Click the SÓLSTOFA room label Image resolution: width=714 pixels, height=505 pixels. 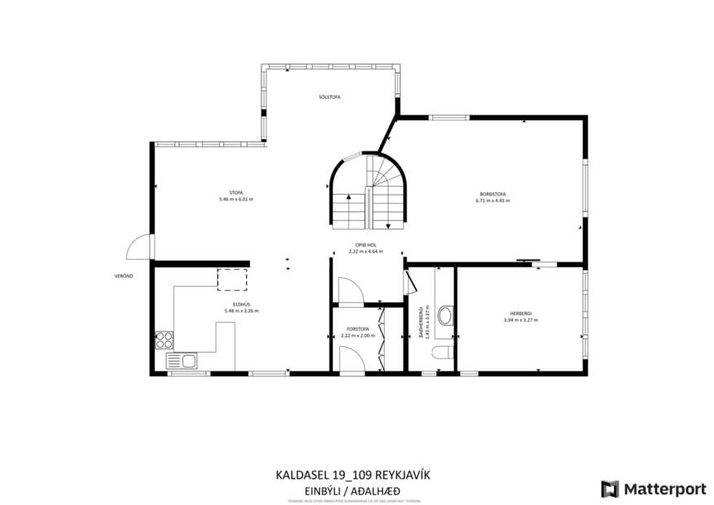click(x=329, y=97)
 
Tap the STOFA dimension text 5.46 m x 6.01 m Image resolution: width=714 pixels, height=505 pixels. click(x=235, y=200)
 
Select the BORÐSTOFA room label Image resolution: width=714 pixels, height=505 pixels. click(x=492, y=194)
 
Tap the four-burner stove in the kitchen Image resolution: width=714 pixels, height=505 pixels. click(x=164, y=338)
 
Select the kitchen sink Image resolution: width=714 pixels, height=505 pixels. click(x=182, y=360)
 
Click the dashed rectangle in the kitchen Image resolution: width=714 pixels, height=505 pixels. click(x=232, y=279)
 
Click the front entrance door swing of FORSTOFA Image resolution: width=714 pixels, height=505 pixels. click(x=349, y=358)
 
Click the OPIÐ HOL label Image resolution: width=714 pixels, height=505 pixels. click(x=365, y=245)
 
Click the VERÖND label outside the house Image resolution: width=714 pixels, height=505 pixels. click(x=123, y=276)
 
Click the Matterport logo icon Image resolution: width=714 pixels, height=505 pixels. click(x=610, y=489)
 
